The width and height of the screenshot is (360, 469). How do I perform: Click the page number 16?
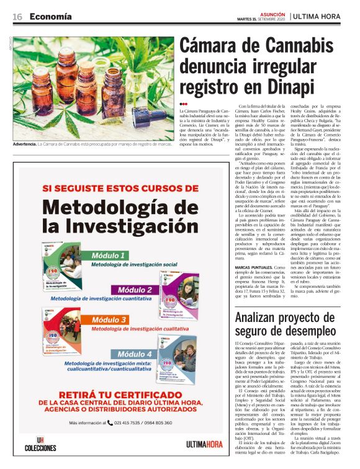click(x=17, y=16)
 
